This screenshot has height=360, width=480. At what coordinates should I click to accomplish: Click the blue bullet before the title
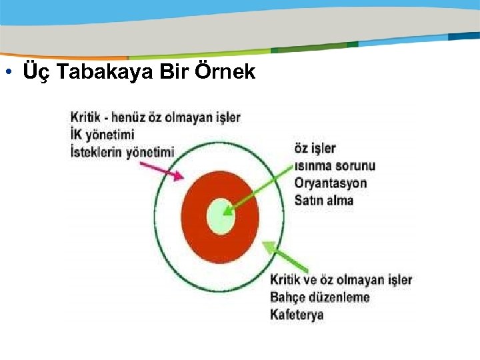[x=8, y=72]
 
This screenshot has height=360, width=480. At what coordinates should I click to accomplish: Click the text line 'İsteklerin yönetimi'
[x=122, y=152]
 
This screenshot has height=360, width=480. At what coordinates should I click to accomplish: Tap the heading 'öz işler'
[x=315, y=148]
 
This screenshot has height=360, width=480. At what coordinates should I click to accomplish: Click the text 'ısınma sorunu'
[x=335, y=165]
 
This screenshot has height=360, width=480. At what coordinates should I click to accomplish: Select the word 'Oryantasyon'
[x=331, y=183]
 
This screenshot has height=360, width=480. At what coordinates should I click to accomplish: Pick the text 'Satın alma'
[x=324, y=200]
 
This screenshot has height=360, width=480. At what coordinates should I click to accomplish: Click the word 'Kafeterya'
[x=297, y=314]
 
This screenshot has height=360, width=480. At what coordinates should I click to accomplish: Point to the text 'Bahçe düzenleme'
[x=319, y=297]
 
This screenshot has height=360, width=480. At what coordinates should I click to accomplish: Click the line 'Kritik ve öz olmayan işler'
[x=341, y=280]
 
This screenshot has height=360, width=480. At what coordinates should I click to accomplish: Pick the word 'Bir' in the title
[x=175, y=71]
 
